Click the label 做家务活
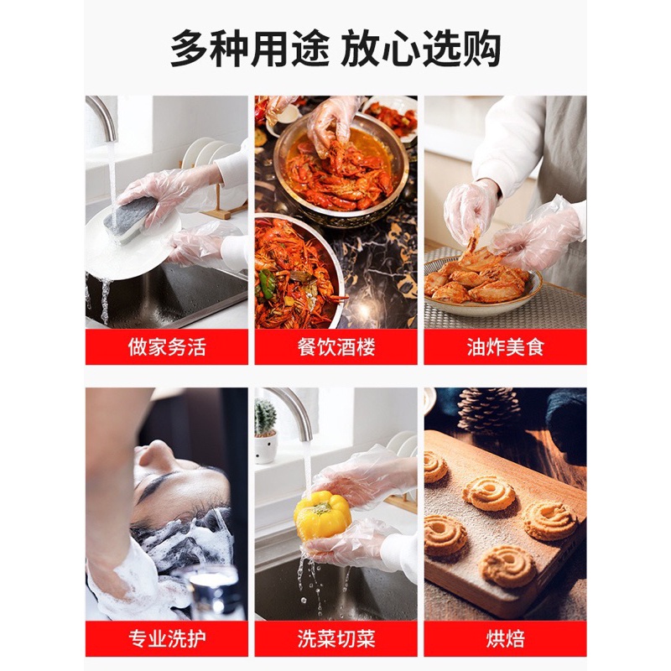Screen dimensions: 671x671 click(167, 347)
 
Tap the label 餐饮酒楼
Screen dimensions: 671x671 click(336, 347)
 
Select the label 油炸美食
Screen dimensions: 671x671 click(506, 347)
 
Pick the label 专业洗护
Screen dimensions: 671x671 click(167, 639)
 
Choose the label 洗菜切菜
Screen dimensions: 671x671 click(336, 639)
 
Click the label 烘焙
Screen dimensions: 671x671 click(506, 639)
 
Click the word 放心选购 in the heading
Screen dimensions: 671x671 click(421, 49)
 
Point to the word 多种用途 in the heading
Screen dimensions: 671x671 click(250, 49)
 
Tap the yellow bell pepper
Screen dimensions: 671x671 click(322, 515)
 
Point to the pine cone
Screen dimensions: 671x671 click(488, 408)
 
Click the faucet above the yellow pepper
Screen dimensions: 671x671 click(293, 411)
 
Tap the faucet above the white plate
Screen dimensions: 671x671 click(102, 116)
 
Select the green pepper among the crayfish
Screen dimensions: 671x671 click(266, 282)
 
